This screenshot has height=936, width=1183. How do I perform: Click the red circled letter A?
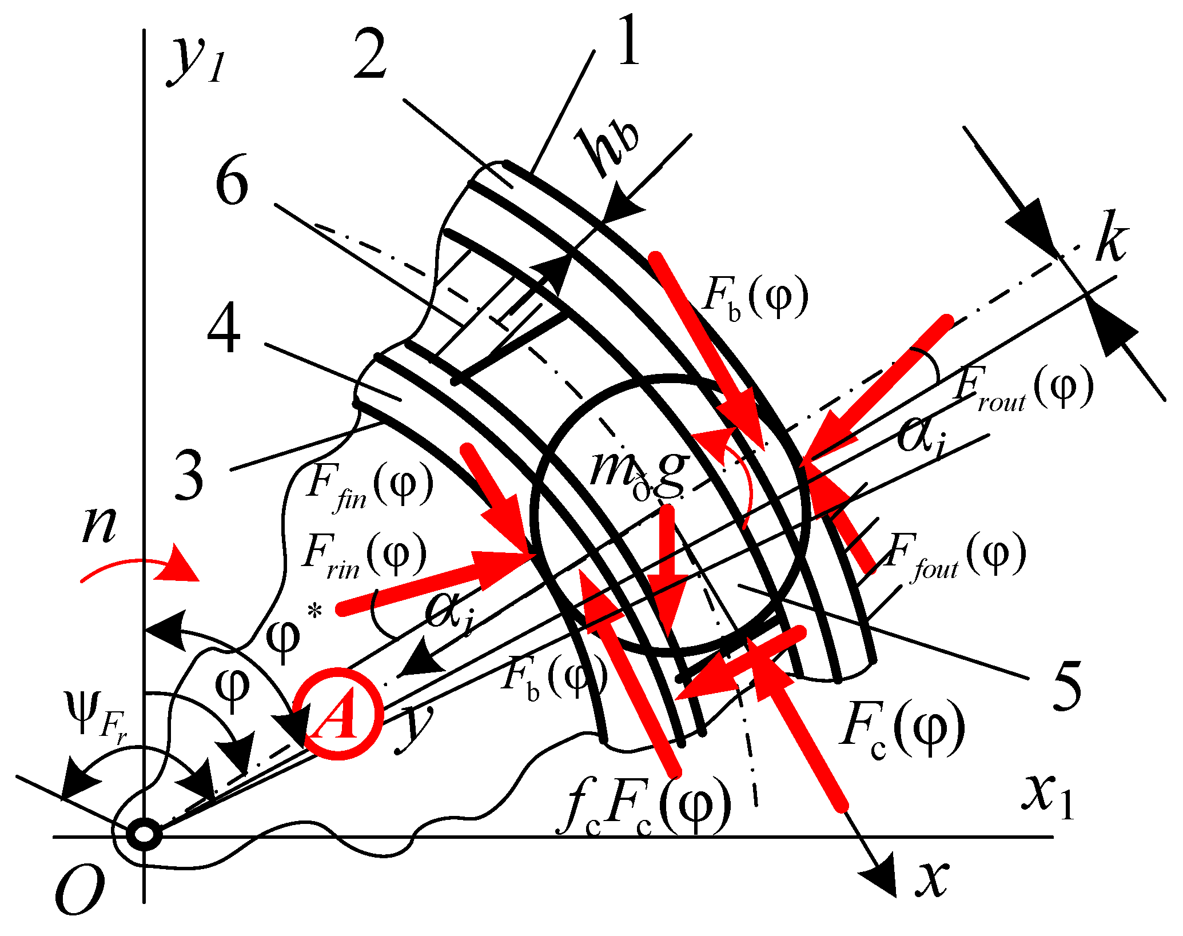(338, 714)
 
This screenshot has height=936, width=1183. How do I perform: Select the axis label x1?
(1046, 798)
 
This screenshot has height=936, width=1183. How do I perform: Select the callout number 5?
(1066, 686)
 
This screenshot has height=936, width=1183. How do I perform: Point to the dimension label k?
(1112, 236)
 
